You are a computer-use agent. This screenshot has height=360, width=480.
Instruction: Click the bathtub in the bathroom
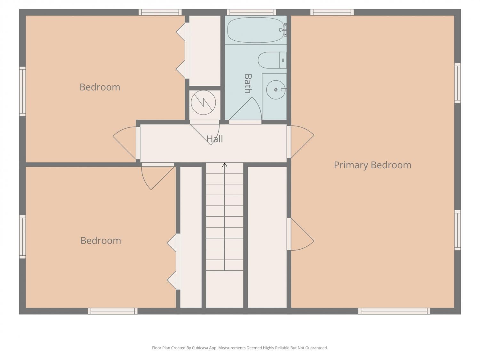pos(255,30)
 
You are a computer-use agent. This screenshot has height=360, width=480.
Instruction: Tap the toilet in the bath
pos(272,60)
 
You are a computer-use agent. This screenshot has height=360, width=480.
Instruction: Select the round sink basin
pos(276,90)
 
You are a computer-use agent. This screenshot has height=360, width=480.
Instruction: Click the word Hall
pos(215,139)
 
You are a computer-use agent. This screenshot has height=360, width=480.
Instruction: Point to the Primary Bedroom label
pos(372,165)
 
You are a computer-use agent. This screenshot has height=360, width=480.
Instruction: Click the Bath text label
pos(248,84)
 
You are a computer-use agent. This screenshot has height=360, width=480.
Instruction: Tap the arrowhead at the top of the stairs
pos(225,165)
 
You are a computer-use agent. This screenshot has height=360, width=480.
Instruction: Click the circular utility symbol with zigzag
pos(204,102)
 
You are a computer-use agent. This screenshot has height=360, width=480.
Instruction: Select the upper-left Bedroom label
pos(100,87)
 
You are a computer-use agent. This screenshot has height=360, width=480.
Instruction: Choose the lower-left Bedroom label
pos(101,241)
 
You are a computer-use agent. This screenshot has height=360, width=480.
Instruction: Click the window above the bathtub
pos(252,12)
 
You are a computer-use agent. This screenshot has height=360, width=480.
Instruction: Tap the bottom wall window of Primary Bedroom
pos(394,311)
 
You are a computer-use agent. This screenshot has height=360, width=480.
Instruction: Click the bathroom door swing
pos(245,109)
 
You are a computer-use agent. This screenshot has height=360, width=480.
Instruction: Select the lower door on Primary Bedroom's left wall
pos(301,234)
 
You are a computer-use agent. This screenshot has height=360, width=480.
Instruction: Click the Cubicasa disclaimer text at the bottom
pos(240,348)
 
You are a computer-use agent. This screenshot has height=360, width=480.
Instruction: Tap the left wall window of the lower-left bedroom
pos(22,237)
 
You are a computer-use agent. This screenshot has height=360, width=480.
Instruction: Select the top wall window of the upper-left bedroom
pos(160,12)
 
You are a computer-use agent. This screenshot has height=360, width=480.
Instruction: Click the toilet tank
pos(283,60)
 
